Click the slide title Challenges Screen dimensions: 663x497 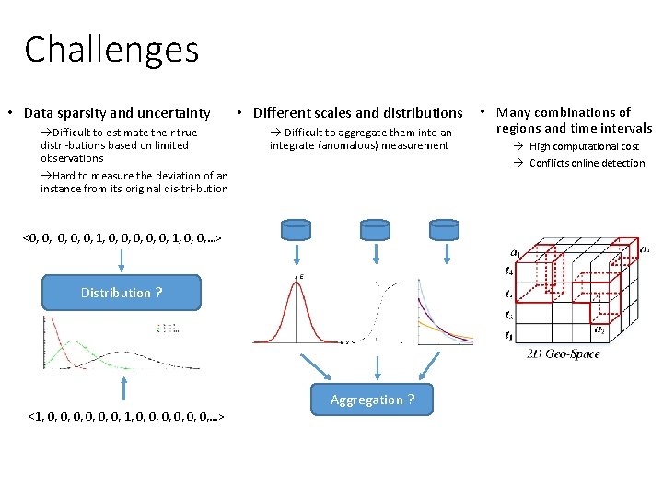[111, 50]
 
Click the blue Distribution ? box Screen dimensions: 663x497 [121, 293]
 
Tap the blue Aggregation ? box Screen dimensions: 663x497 [372, 399]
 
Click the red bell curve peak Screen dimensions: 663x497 [297, 281]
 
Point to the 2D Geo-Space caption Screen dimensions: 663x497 [563, 353]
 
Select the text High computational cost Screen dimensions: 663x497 [583, 146]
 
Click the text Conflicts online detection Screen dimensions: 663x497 [587, 163]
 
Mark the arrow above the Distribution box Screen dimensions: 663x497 [121, 259]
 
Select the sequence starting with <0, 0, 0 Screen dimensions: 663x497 [121, 238]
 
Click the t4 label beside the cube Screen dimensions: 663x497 [509, 271]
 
